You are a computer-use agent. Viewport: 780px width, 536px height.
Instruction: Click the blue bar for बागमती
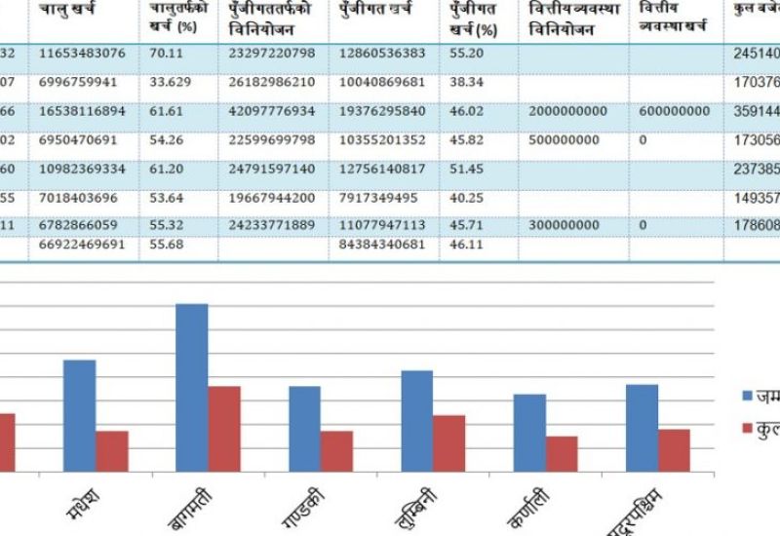[x=192, y=388]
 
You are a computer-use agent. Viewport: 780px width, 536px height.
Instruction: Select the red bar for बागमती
[x=224, y=429]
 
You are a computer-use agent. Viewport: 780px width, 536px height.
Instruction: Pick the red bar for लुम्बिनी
[x=448, y=443]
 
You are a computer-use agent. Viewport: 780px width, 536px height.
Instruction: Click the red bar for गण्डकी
[x=336, y=451]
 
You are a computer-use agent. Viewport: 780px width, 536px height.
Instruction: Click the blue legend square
[x=748, y=396]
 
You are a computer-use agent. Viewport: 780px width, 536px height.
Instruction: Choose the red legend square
[x=748, y=427]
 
